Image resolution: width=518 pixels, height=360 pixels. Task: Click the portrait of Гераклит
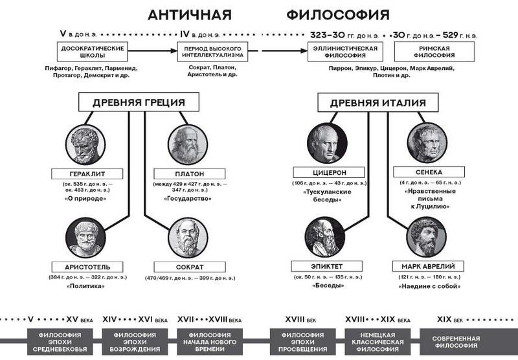click(x=85, y=144)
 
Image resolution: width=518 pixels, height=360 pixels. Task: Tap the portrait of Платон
click(x=188, y=144)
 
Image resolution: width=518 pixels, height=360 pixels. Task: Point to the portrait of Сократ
click(x=188, y=238)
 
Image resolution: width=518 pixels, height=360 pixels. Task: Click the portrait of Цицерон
click(x=326, y=144)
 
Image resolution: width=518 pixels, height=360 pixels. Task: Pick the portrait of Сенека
click(x=426, y=144)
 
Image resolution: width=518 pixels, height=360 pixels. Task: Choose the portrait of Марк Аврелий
click(x=426, y=238)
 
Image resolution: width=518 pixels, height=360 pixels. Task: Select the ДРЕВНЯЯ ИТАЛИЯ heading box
click(x=377, y=102)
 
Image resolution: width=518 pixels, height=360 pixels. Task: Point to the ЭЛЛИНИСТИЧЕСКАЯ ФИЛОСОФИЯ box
click(x=346, y=51)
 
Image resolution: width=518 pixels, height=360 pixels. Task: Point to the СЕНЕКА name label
click(x=427, y=174)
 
